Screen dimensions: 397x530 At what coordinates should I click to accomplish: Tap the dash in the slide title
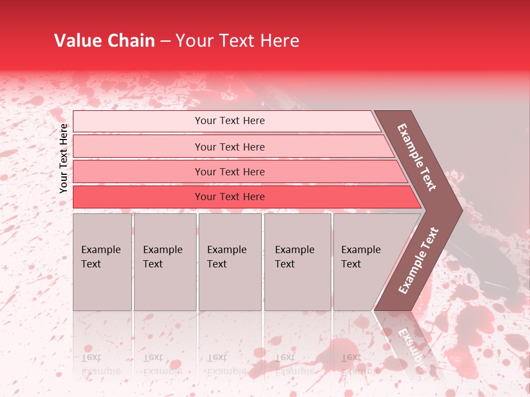coord(165,41)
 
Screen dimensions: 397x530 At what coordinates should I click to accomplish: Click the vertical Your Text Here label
coord(63,158)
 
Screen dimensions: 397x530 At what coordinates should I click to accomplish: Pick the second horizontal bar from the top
coord(229,147)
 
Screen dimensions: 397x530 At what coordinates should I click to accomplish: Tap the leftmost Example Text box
coord(102,262)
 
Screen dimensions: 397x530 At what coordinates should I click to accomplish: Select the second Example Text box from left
coord(165,262)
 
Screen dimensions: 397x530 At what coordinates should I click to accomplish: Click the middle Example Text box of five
coord(230,262)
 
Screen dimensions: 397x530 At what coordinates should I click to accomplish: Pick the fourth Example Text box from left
coord(298,262)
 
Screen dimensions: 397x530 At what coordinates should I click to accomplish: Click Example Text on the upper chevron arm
coord(417,157)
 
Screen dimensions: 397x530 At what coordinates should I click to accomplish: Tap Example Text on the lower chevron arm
coord(418,261)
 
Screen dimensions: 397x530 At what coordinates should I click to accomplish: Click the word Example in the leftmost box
coord(100,250)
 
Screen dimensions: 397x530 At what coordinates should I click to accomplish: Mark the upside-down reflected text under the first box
coord(100,364)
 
